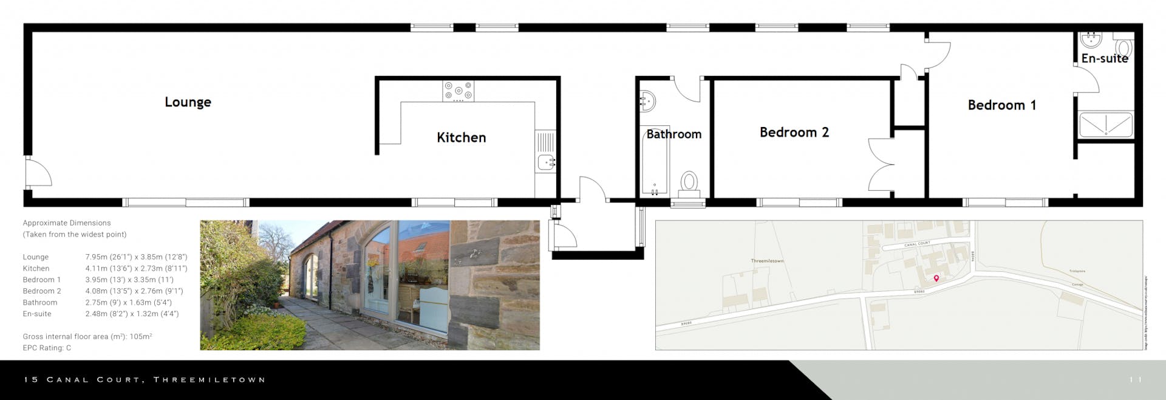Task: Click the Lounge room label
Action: pos(188,102)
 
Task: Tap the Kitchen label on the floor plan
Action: pos(461,137)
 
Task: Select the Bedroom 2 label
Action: pos(794,133)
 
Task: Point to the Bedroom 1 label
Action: pos(1001,105)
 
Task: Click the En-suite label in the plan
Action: pos(1104,59)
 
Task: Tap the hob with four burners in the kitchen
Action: pos(458,92)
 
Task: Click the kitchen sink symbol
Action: pos(546,162)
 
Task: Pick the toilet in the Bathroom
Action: pos(689,182)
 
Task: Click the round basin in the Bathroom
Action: pos(647,101)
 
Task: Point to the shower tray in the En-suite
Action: pos(1105,125)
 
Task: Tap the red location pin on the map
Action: pos(936,278)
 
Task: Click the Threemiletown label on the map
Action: pos(767,261)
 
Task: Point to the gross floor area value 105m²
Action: pos(140,336)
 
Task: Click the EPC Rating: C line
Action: pos(47,348)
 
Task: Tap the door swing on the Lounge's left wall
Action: pos(38,172)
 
